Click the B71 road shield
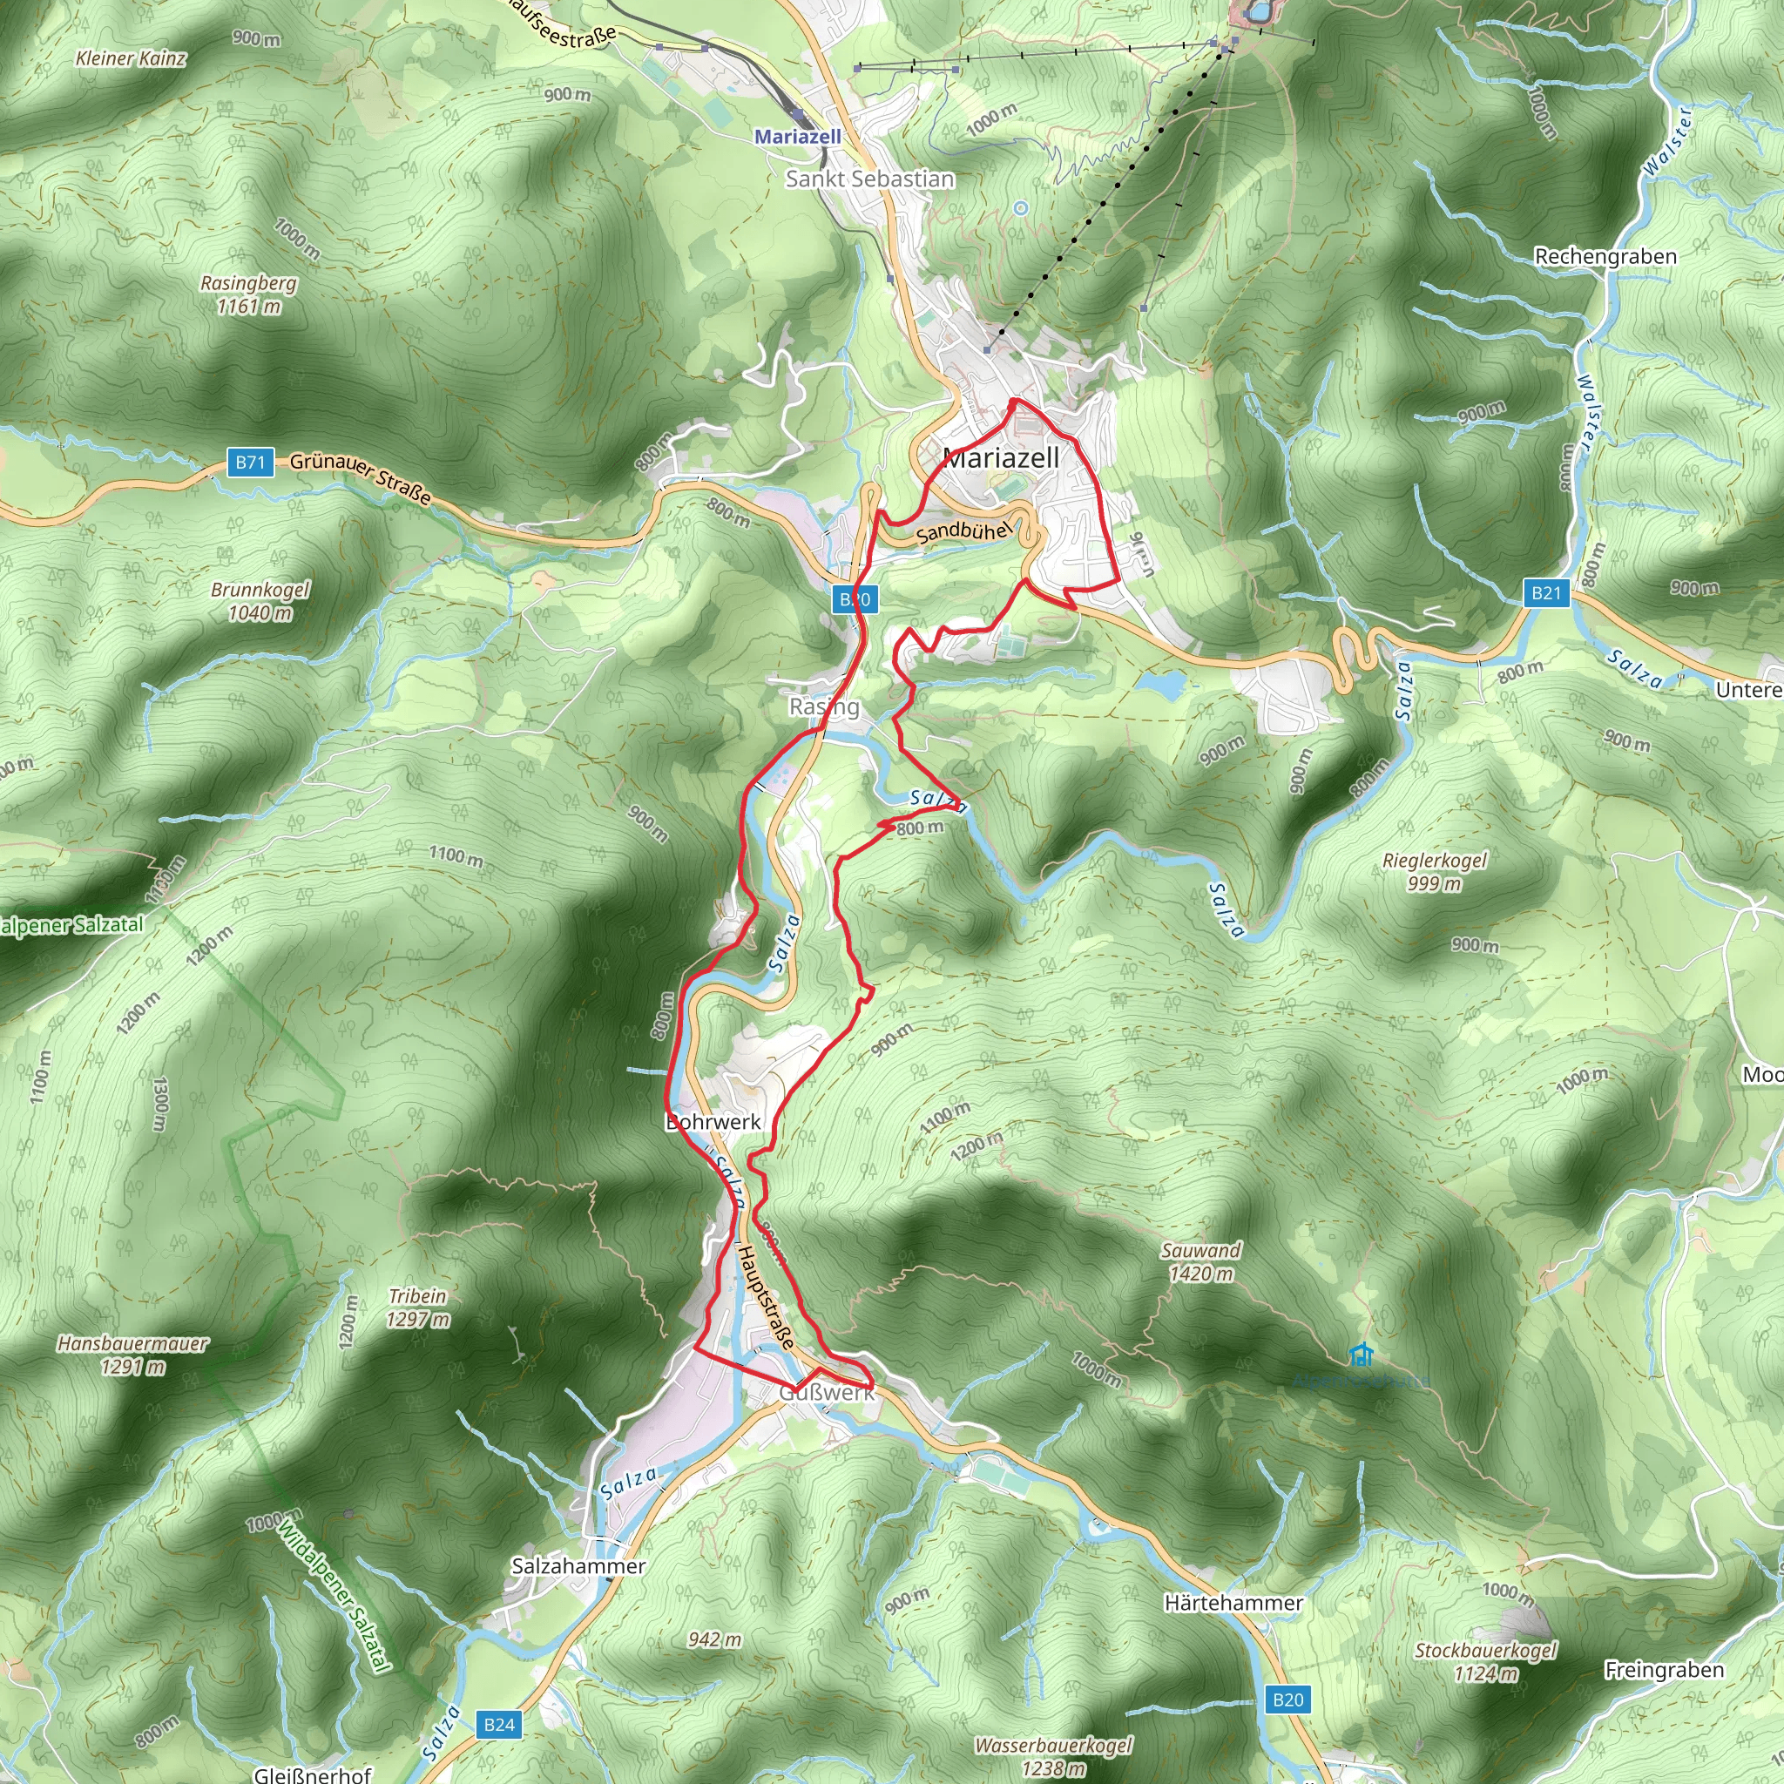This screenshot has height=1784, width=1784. point(250,463)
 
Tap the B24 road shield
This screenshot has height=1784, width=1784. point(499,1724)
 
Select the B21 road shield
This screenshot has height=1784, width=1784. point(1546,593)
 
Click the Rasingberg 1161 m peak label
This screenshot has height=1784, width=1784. point(248,294)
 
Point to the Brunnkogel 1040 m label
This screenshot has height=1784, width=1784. point(260,601)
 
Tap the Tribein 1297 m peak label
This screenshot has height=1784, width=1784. point(418,1308)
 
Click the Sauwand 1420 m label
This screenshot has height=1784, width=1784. point(1200,1261)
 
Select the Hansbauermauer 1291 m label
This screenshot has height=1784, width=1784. point(133,1355)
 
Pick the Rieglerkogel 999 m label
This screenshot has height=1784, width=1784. point(1434,872)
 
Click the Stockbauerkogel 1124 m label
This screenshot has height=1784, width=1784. point(1486,1661)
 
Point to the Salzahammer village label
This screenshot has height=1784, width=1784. point(579,1566)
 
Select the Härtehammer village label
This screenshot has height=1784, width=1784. point(1233,1603)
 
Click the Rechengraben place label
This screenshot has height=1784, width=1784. point(1605,257)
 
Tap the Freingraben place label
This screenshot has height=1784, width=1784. point(1664,1670)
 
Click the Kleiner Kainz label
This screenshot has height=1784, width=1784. point(132,59)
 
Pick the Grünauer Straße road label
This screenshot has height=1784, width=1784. point(361,477)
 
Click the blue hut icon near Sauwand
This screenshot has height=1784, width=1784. point(1359,1355)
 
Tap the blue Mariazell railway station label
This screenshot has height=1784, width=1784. point(798,137)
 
